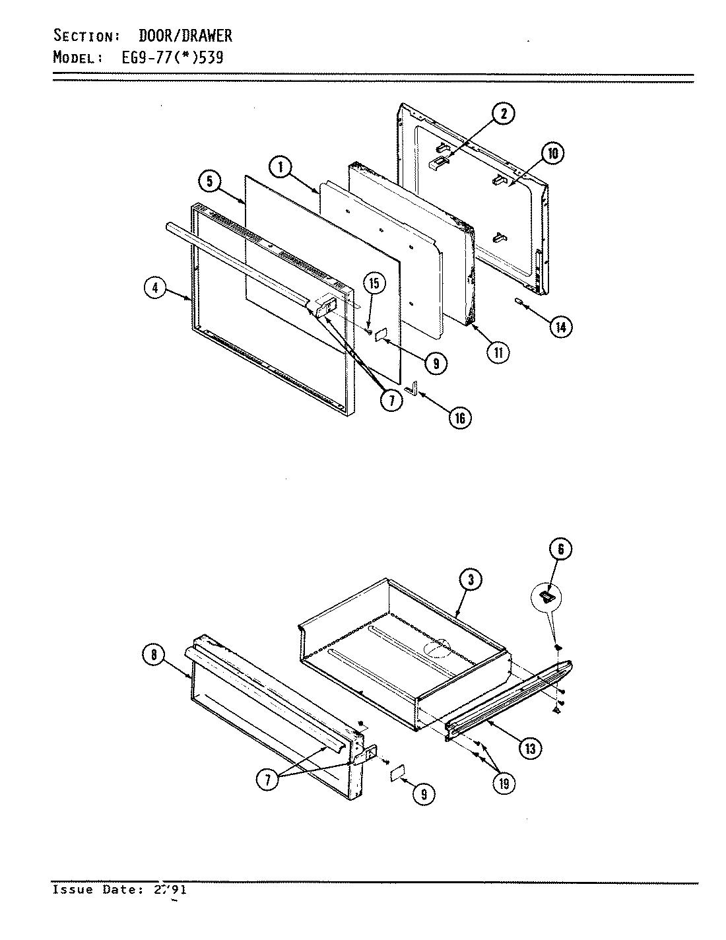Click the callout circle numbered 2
tap(503, 114)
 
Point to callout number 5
tap(209, 182)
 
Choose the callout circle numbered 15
tap(374, 285)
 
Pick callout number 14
tap(560, 326)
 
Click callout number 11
tap(498, 352)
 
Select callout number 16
tap(459, 417)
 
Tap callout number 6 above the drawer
tap(560, 549)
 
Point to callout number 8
tap(152, 655)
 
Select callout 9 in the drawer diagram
tap(423, 794)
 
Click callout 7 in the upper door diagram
tap(390, 401)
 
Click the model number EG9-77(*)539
tap(173, 57)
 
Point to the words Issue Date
tap(99, 890)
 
